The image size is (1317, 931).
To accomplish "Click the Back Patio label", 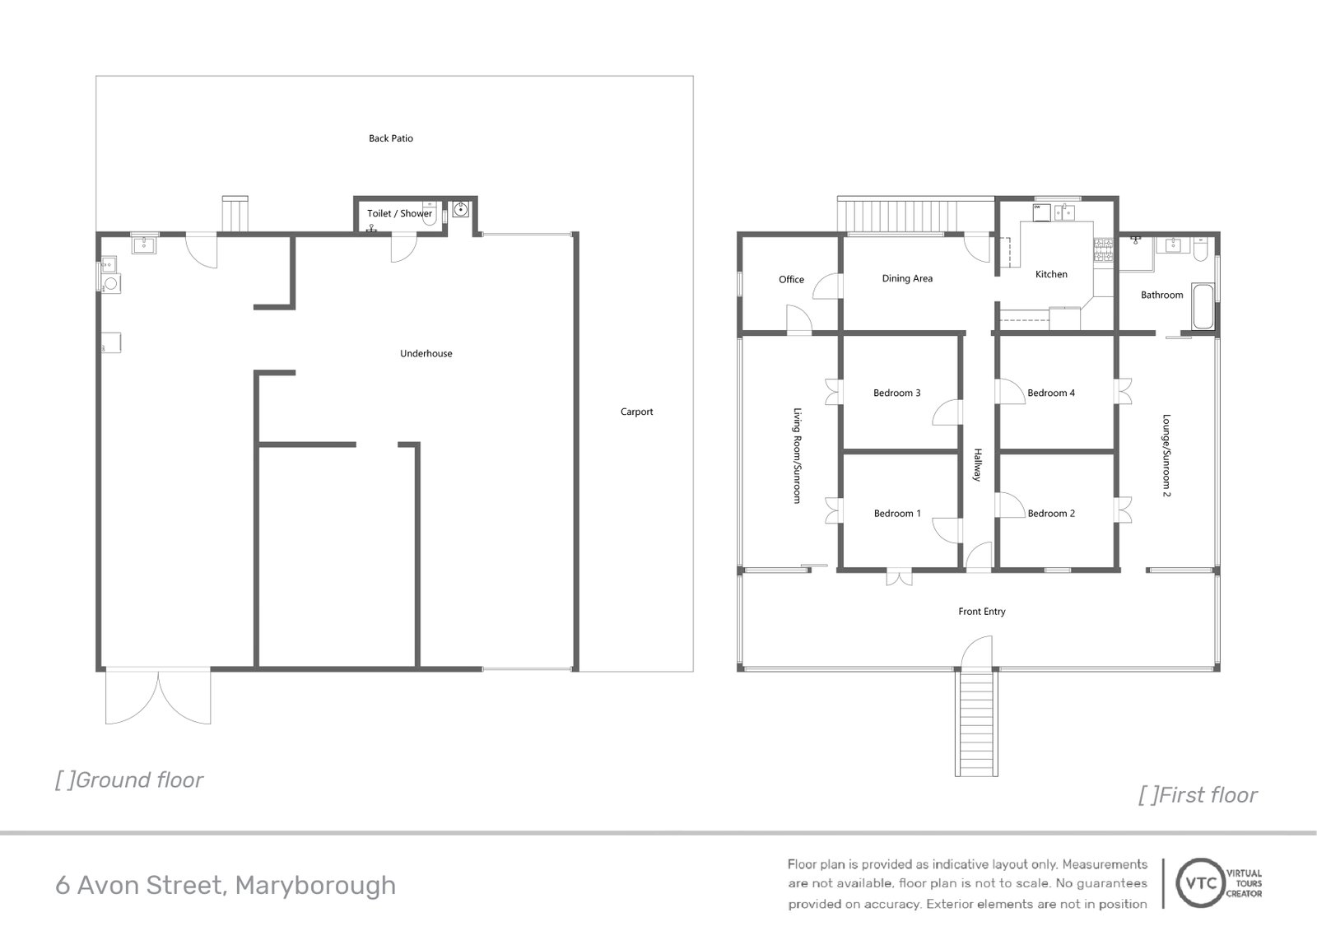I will pos(391,138).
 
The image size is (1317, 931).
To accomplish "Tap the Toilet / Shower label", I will pos(399,213).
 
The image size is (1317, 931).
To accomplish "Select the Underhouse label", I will pos(426,354).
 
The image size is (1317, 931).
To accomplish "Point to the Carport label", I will pos(636,412).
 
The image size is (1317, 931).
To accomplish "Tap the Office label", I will pos(791,280).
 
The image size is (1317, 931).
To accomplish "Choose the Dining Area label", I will pos(907,278).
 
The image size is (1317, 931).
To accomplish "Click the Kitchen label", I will pos(1051,274).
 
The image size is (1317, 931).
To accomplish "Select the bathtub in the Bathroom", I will pos(1203,308).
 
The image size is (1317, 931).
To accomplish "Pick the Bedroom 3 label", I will pos(896,393).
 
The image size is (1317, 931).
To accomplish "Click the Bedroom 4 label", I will pos(1051,393).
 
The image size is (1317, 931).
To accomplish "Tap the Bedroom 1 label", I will pos(896,514).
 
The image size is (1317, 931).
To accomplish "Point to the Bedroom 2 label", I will pos(1051,514).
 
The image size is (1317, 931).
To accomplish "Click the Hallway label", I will pos(978,465).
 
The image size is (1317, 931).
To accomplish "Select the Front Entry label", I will pos(981,612).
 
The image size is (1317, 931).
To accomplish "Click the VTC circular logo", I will pos(1198,882).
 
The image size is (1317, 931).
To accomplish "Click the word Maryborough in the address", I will pos(315,886).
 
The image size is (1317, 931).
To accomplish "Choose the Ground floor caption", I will pos(129,780).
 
